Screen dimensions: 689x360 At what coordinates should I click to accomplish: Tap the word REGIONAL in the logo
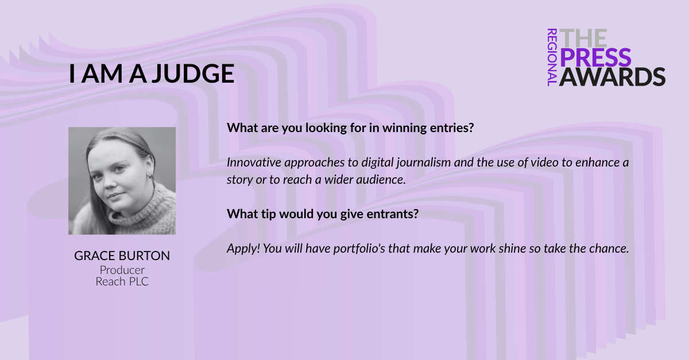552,57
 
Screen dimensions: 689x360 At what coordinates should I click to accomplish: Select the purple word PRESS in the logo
595,57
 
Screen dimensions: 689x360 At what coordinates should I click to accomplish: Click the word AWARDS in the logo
613,76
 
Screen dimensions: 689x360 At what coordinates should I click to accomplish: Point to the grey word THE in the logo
583,38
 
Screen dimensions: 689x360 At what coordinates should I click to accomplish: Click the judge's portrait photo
122,181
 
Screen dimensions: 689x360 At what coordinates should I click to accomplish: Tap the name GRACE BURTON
122,256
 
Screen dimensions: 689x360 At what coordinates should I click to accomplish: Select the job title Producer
122,270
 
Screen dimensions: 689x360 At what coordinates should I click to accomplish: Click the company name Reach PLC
122,281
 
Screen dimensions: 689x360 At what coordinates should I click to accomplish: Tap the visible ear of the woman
150,167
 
